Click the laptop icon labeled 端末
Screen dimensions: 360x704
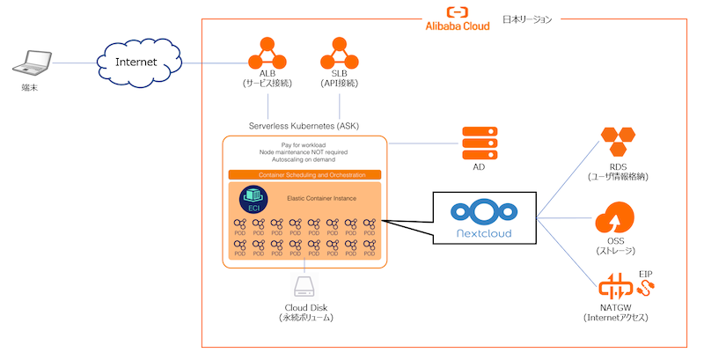tap(33, 64)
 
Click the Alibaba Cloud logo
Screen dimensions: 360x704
tap(457, 18)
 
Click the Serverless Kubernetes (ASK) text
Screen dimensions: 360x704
tap(304, 126)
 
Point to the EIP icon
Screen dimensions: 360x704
tap(648, 287)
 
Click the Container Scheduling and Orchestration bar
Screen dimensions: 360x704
tap(304, 175)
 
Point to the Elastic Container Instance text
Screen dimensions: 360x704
tap(322, 199)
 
